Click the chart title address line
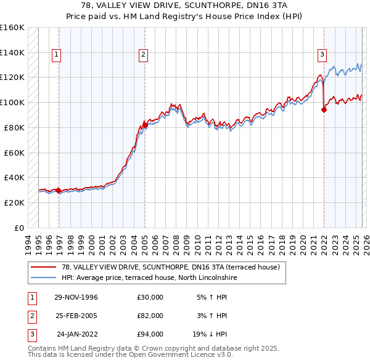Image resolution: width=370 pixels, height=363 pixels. (x=185, y=5)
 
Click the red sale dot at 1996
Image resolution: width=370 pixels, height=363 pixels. (x=59, y=191)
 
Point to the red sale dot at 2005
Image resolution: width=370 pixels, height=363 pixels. (x=145, y=125)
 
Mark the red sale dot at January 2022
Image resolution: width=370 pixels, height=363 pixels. (x=324, y=110)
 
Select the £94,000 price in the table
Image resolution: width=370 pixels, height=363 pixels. (x=150, y=334)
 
